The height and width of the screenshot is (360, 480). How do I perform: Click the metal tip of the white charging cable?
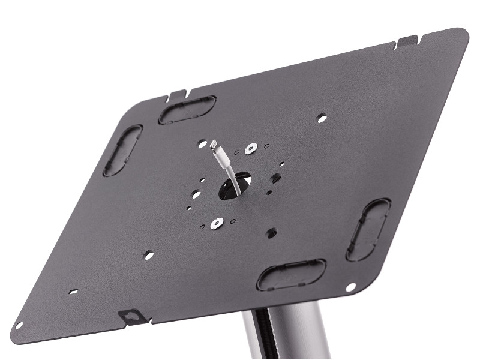pos(213,144)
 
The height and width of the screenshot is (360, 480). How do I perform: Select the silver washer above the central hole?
pos(249,146)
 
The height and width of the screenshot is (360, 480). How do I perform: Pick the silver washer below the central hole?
pos(217,223)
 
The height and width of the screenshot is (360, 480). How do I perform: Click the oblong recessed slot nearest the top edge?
pos(187,110)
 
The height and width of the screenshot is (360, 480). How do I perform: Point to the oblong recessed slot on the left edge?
pos(122,150)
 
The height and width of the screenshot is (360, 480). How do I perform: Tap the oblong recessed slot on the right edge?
pos(368,229)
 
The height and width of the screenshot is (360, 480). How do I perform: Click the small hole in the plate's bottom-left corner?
pos(19,325)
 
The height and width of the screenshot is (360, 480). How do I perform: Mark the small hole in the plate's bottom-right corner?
pos(351,287)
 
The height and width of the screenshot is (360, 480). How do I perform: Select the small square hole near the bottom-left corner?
pos(73,292)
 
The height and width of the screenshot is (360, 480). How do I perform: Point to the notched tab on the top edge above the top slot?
pos(178,94)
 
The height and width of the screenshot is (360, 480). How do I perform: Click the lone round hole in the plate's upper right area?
pos(322,119)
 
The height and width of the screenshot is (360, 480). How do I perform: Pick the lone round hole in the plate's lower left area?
pos(149,254)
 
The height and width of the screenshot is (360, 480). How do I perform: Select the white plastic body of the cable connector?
pos(221,158)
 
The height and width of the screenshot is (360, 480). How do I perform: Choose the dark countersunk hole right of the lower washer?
pos(272,232)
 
